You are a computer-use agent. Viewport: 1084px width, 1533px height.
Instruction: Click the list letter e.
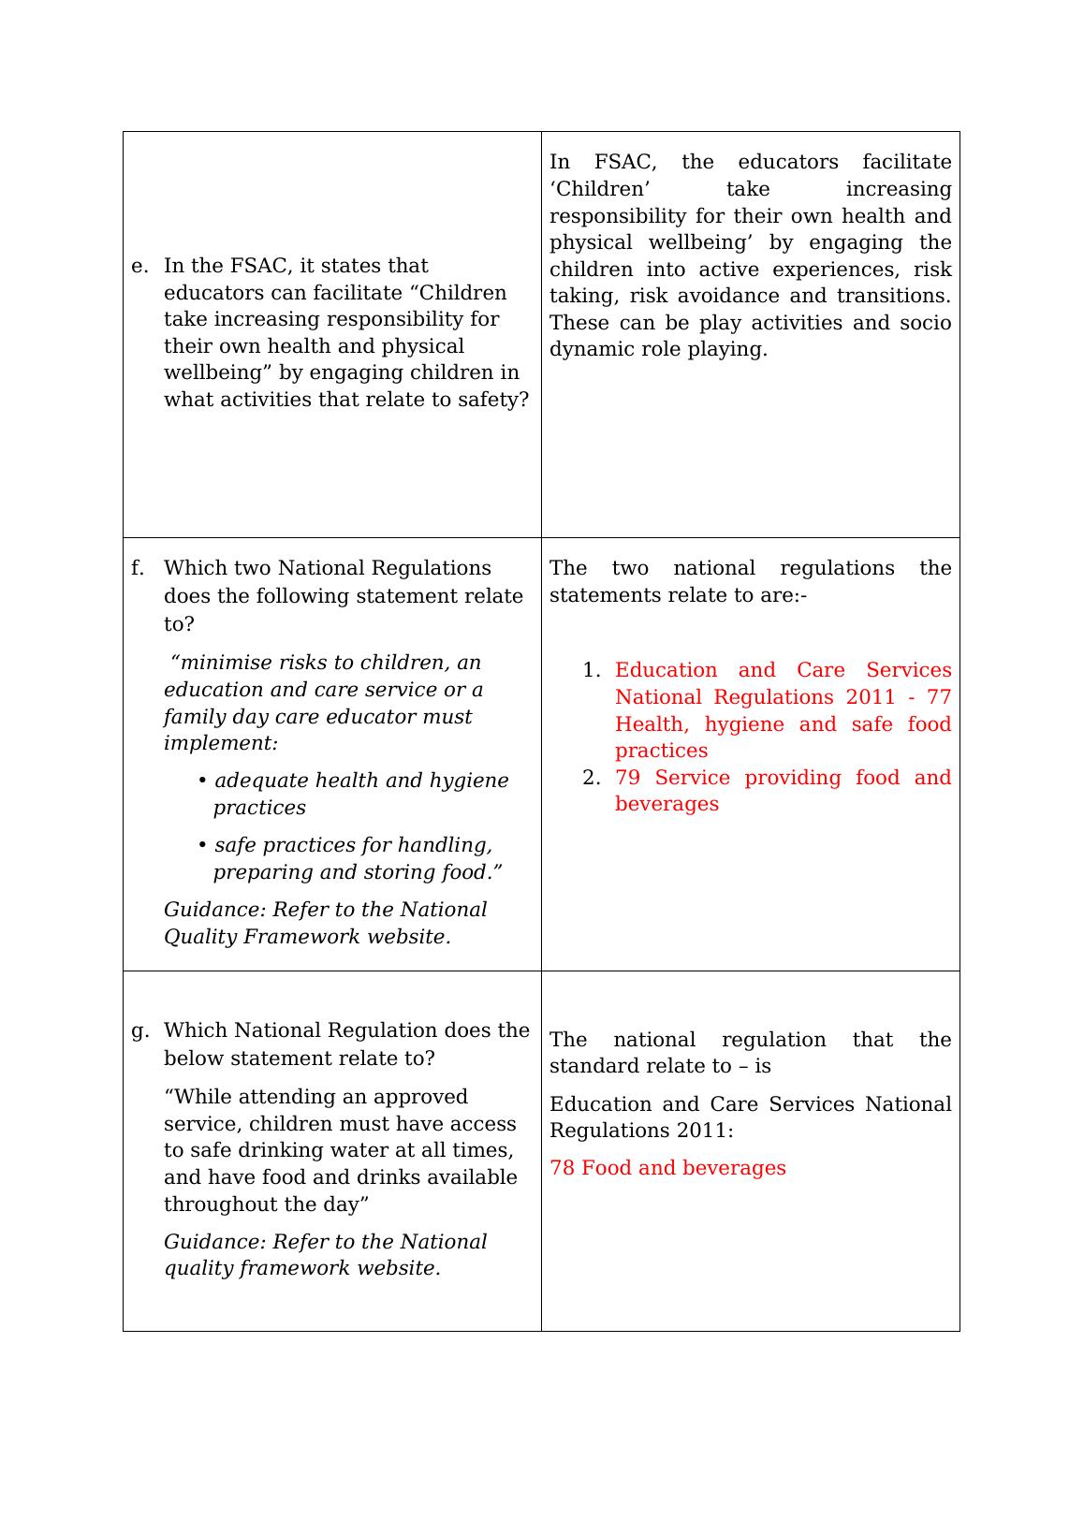[139, 267]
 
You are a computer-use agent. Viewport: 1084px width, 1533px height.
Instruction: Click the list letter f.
[138, 569]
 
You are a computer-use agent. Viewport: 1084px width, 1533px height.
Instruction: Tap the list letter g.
[139, 1031]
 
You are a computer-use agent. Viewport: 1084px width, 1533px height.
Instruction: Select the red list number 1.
[590, 671]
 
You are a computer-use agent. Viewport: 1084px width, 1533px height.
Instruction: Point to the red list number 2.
[590, 779]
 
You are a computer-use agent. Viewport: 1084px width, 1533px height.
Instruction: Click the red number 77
[938, 698]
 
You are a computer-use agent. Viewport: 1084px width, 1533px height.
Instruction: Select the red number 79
[627, 779]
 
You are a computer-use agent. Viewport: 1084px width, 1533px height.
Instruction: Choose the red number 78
[562, 1169]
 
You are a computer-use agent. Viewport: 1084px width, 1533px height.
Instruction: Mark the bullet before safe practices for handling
[203, 845]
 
